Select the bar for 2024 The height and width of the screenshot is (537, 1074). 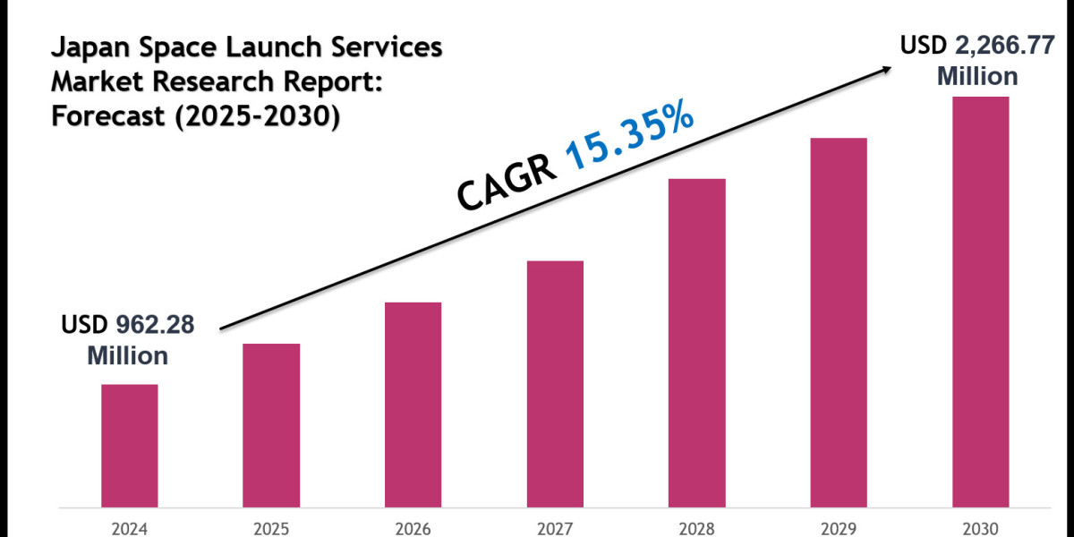(129, 445)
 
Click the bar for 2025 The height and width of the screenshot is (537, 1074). (271, 424)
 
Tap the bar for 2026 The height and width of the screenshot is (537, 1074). (413, 404)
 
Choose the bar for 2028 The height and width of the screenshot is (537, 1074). (696, 342)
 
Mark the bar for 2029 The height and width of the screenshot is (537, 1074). (839, 321)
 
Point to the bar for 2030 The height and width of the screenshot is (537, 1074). (980, 301)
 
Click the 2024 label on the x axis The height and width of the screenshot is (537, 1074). (129, 527)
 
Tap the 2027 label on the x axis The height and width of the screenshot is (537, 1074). (555, 527)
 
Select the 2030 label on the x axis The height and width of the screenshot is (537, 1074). (980, 527)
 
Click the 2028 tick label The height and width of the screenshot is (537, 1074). (696, 527)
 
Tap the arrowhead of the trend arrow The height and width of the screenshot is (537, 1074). (885, 70)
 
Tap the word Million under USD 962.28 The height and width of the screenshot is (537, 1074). (127, 355)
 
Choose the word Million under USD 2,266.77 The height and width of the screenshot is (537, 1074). (977, 77)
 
